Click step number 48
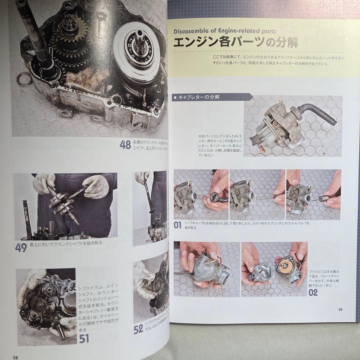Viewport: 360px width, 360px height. point(125,145)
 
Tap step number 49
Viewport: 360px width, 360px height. point(21,248)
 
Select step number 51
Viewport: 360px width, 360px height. point(84,339)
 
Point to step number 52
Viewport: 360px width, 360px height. point(138,330)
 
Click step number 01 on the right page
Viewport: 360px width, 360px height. point(178,225)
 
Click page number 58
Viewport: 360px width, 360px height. point(15,357)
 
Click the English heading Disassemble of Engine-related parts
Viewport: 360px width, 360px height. point(225,31)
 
